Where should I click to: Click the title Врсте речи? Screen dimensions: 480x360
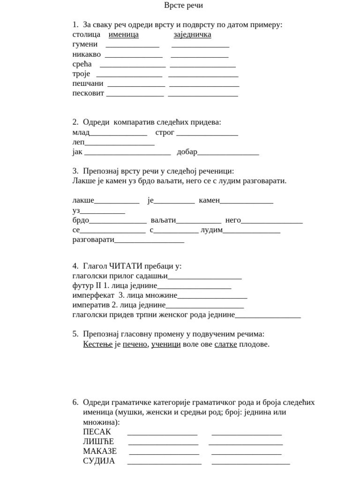(183, 6)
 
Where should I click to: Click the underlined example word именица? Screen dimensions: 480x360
(123, 35)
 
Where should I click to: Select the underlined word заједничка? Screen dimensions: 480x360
(192, 35)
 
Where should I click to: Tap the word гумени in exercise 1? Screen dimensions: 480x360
(85, 45)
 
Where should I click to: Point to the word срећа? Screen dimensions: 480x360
(82, 64)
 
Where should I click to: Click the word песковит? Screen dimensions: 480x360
(88, 93)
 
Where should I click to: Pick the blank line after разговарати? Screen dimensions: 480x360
(149, 241)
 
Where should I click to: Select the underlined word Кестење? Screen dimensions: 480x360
(98, 345)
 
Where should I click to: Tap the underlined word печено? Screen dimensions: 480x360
(135, 345)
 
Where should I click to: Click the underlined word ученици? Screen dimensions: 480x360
(166, 345)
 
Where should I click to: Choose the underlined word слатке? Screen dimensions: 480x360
(225, 345)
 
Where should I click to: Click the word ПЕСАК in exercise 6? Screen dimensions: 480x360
(97, 432)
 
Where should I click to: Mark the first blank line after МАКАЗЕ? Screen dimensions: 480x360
(164, 453)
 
